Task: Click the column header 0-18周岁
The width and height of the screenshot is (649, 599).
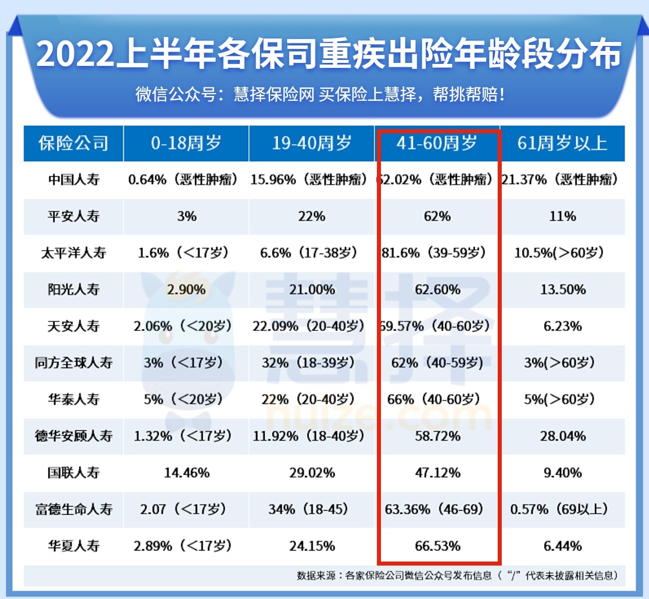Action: coord(186,143)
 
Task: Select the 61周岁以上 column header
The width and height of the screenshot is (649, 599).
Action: coord(562,143)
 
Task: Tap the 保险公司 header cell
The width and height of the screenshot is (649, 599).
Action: coord(73,143)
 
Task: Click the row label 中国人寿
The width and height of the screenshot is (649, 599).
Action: coord(73,180)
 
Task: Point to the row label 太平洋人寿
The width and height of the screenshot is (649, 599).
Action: coord(73,253)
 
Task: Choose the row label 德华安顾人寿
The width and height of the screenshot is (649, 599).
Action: coord(73,436)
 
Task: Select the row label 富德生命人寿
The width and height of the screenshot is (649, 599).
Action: coord(73,509)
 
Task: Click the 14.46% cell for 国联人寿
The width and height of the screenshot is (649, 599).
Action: coord(187,473)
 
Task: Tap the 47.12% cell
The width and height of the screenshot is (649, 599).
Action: coord(437,473)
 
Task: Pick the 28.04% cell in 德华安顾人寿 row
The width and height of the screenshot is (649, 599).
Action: coord(563,436)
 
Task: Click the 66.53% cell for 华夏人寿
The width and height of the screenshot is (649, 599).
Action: coord(437,546)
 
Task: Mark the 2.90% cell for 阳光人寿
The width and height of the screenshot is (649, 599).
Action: coord(186,290)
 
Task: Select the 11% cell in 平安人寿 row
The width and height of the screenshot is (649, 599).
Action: coord(563,216)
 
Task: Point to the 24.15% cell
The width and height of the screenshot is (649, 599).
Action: coord(312,546)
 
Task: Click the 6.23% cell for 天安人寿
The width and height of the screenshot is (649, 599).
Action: coord(563,326)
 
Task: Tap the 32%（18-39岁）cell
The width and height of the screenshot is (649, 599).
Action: coord(309,362)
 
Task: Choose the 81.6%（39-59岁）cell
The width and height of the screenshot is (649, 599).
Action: coord(434,253)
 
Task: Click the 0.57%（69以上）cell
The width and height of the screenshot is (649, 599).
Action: coord(559,509)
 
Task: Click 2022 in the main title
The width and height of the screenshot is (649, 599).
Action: coord(75,54)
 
